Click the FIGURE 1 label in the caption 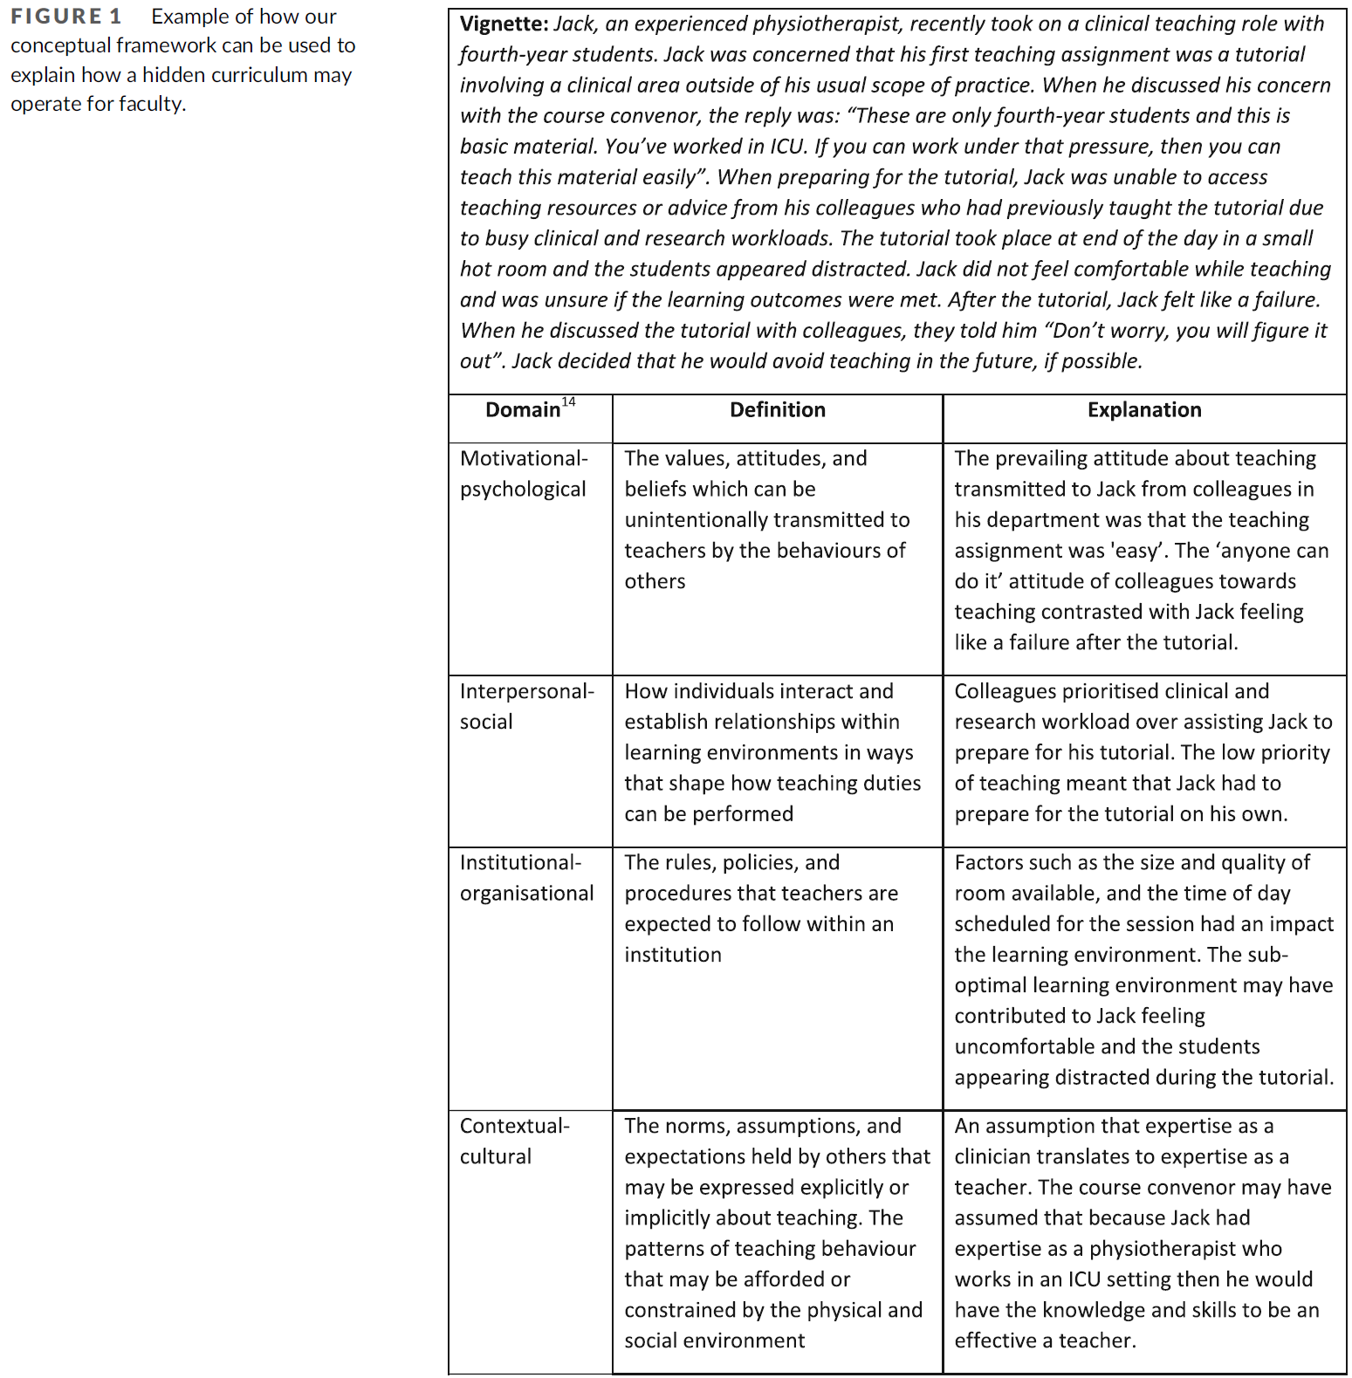[x=66, y=17]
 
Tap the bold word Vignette [x=504, y=24]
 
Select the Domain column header [x=523, y=410]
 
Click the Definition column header [x=777, y=410]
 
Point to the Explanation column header [x=1143, y=410]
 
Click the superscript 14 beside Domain [x=569, y=401]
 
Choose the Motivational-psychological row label [x=524, y=474]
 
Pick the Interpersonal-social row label [x=526, y=706]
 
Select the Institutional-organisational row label [x=526, y=878]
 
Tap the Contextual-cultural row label [x=514, y=1141]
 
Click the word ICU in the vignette [x=788, y=146]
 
